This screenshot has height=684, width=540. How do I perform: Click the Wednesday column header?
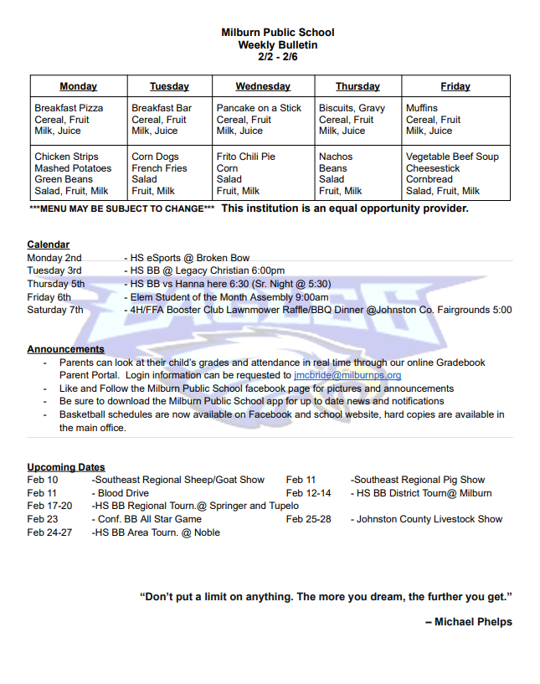[263, 86]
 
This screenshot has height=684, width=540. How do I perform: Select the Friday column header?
[455, 86]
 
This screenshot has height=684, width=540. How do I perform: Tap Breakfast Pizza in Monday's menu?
[69, 108]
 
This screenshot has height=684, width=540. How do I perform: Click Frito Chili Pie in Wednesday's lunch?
[245, 157]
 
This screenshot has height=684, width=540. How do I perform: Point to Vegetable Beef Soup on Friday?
[452, 157]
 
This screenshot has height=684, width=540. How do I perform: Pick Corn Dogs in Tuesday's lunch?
[155, 157]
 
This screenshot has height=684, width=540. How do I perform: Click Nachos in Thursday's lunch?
[336, 157]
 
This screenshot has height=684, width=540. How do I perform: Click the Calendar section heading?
[48, 244]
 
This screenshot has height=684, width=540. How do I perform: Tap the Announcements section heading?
[65, 349]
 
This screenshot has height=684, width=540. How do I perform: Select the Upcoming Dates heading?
[66, 467]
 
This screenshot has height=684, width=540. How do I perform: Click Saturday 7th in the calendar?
[55, 310]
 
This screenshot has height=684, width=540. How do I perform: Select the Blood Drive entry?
[123, 493]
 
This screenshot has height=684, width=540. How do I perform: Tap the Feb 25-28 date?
[308, 519]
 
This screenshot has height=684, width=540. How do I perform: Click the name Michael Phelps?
[473, 621]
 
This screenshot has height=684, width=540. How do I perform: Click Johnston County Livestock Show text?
[429, 519]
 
